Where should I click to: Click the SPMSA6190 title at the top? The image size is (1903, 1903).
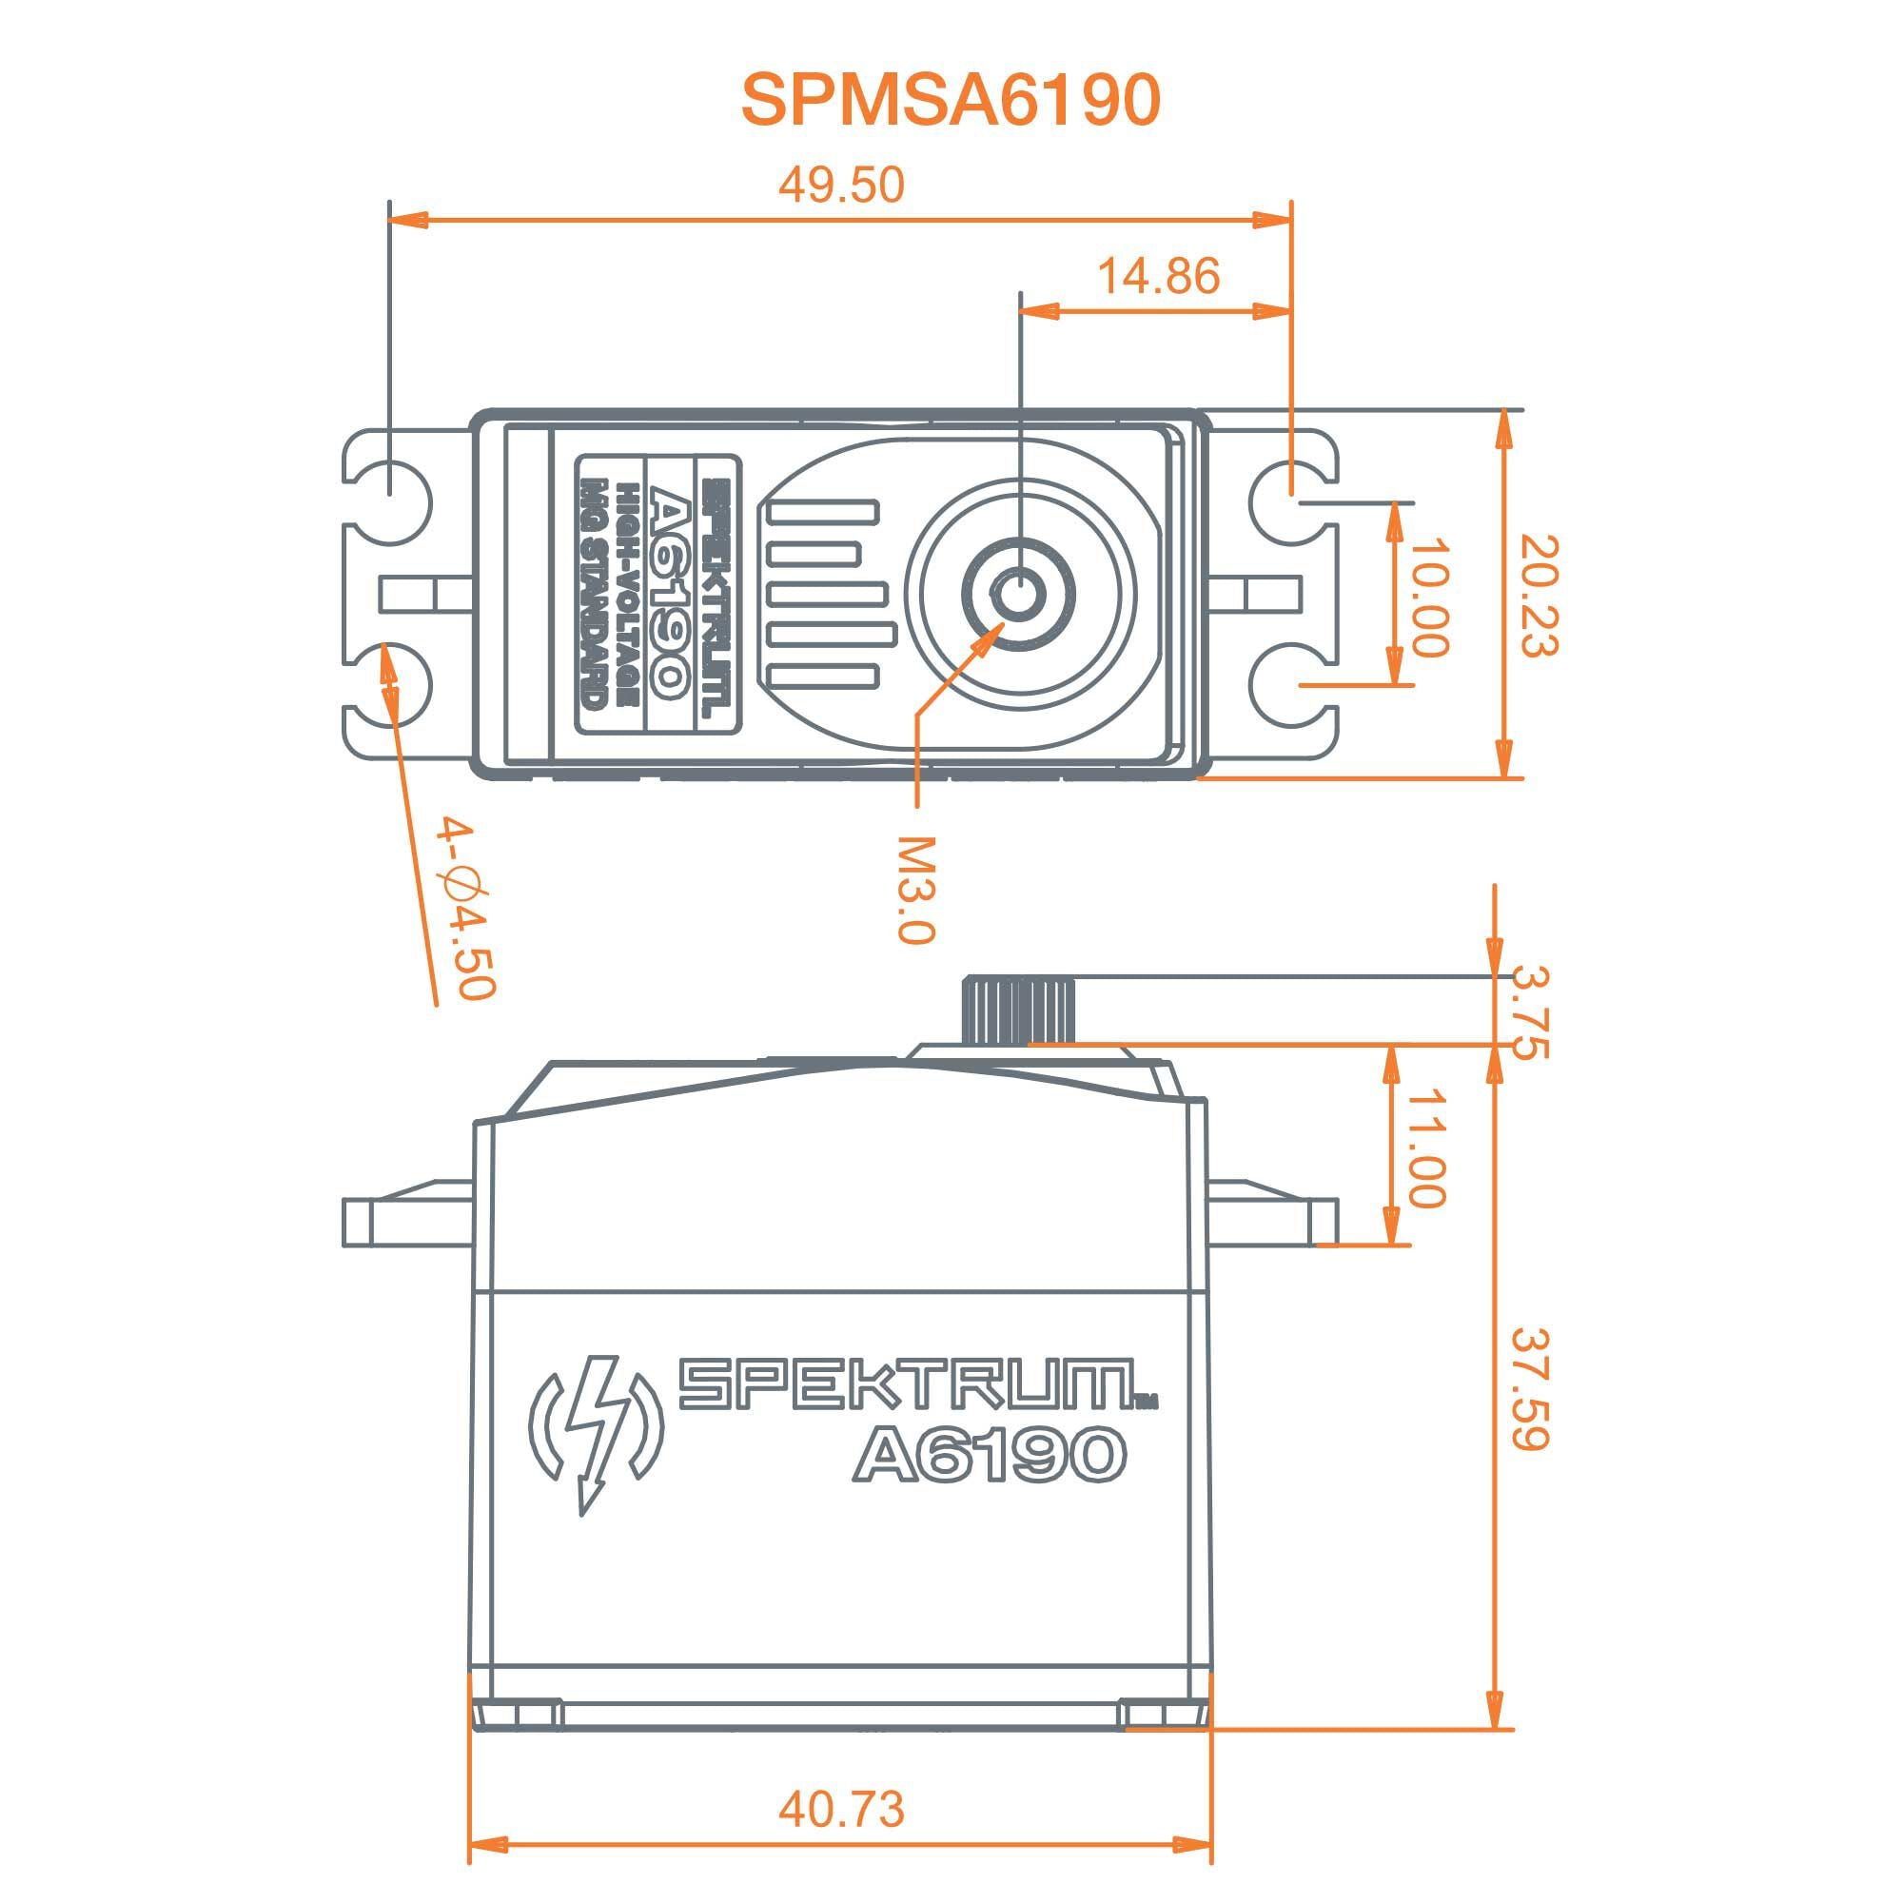951,101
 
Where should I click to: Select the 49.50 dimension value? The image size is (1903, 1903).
840,186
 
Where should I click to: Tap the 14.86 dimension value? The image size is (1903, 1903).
1157,277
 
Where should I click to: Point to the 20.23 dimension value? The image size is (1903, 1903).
1537,596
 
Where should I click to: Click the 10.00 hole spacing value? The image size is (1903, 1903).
1429,597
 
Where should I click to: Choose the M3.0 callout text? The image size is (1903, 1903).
915,890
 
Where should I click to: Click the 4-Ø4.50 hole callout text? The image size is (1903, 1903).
464,906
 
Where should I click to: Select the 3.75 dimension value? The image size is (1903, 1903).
1528,1013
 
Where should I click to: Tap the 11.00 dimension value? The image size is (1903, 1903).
1425,1148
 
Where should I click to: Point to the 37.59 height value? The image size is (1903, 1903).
1530,1390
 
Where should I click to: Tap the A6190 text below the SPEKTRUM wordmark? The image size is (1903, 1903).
988,1454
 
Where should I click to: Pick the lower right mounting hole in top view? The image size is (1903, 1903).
1290,683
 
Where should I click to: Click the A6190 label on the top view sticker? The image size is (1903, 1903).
667,594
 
